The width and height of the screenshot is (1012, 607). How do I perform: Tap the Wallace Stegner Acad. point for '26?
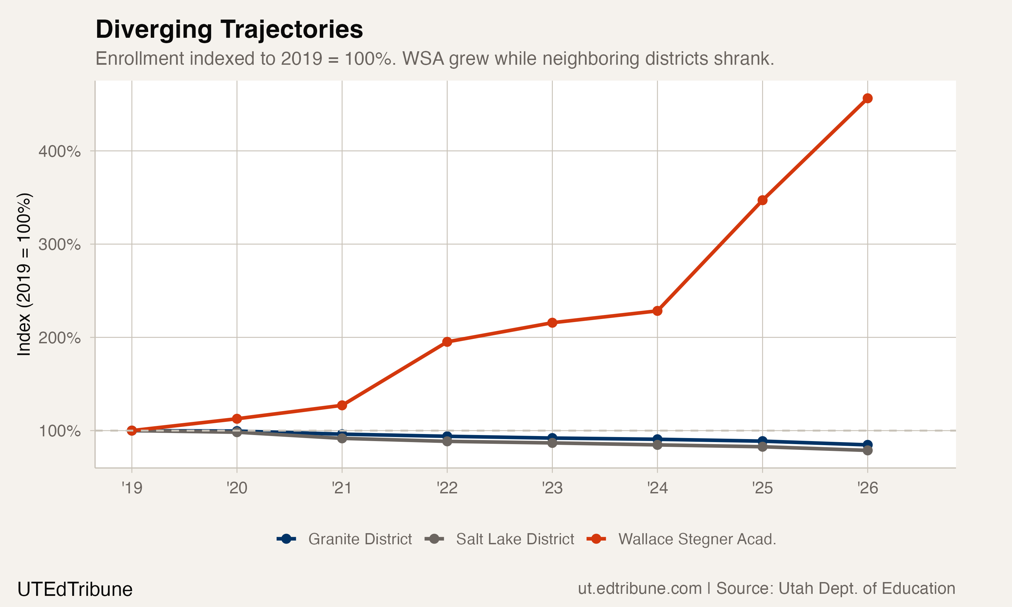[867, 98]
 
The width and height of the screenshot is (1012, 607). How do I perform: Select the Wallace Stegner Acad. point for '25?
[762, 200]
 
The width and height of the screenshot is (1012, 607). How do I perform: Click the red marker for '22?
[447, 342]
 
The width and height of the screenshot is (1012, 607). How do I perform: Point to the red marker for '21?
[342, 405]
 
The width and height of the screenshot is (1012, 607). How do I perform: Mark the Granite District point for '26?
[867, 444]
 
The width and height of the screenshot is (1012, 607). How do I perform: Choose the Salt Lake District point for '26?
[867, 450]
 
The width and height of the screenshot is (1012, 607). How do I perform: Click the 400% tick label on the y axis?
[60, 151]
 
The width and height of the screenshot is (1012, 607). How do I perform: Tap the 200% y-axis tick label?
[60, 338]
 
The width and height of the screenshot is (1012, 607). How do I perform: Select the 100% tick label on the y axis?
[60, 431]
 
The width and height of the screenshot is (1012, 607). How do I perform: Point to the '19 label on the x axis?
[132, 488]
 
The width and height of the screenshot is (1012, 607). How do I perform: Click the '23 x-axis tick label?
[552, 488]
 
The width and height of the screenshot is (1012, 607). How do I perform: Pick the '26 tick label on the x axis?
[867, 488]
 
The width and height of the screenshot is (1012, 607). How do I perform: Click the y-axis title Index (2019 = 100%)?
[24, 274]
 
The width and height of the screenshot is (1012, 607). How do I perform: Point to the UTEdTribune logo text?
[75, 589]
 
